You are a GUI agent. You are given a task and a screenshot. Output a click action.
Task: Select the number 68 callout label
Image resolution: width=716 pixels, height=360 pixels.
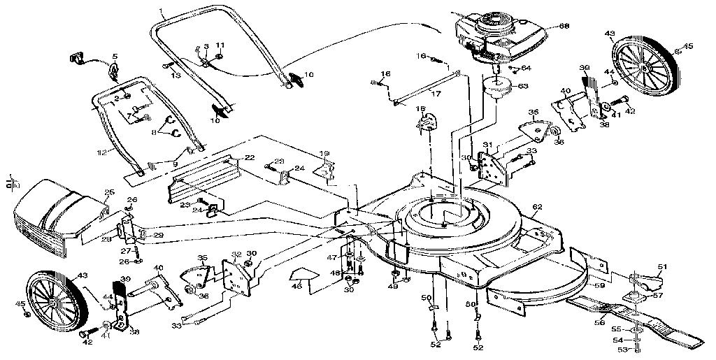point(564,27)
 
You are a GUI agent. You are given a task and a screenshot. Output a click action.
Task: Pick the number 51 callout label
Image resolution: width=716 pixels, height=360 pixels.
point(663,266)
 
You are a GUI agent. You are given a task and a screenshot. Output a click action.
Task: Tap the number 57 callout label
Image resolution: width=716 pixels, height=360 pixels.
point(658,296)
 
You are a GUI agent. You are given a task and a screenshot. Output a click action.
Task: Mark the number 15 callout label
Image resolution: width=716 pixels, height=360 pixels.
point(421,108)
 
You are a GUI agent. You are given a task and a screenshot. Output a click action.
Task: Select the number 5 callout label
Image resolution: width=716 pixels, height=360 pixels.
point(115,55)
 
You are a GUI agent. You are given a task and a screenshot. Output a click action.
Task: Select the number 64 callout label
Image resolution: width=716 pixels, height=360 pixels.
point(526,68)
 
